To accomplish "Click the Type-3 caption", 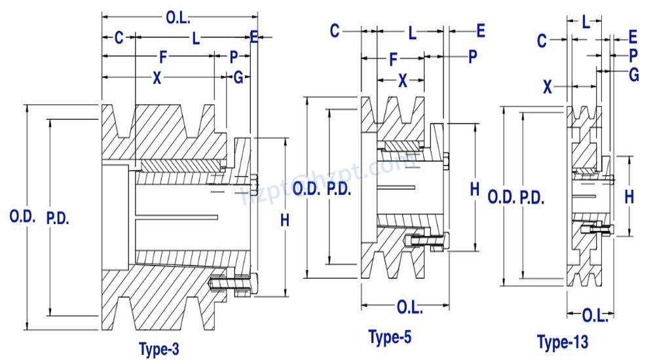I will pyautogui.click(x=159, y=349).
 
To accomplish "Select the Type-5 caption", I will pyautogui.click(x=390, y=338).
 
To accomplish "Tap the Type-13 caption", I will pyautogui.click(x=563, y=342).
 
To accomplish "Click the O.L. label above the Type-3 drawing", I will pyautogui.click(x=178, y=16).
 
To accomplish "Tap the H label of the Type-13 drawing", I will pyautogui.click(x=629, y=196).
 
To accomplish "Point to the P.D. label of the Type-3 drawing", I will pyautogui.click(x=58, y=218).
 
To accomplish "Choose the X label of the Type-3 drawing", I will pyautogui.click(x=157, y=78).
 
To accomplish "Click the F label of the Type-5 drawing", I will pyautogui.click(x=394, y=59).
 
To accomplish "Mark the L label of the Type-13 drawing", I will pyautogui.click(x=586, y=22).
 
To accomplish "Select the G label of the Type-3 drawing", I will pyautogui.click(x=238, y=78).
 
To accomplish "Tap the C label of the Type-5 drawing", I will pyautogui.click(x=335, y=30).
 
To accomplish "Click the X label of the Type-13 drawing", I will pyautogui.click(x=549, y=86).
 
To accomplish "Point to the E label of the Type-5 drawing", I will pyautogui.click(x=480, y=30).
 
